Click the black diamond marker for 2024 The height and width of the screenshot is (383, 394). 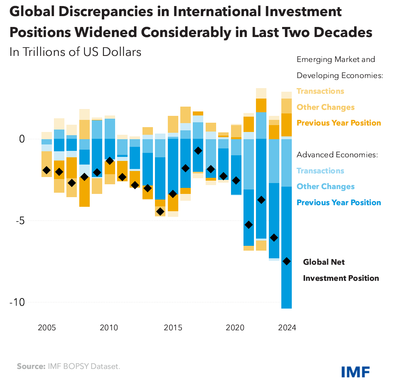pyautogui.click(x=286, y=262)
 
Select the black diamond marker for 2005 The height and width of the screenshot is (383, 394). pyautogui.click(x=46, y=170)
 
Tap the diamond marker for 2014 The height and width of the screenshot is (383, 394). pyautogui.click(x=160, y=212)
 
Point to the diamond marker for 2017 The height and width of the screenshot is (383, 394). pyautogui.click(x=198, y=150)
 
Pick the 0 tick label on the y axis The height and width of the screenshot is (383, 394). pyautogui.click(x=23, y=139)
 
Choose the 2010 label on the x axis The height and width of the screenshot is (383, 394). pyautogui.click(x=109, y=327)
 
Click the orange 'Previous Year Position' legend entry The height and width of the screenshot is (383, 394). pyautogui.click(x=338, y=123)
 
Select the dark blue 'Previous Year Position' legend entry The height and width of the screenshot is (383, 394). pyautogui.click(x=338, y=202)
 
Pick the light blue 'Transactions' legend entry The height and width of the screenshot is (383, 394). pyautogui.click(x=320, y=171)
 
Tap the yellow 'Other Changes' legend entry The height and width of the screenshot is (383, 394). pyautogui.click(x=326, y=107)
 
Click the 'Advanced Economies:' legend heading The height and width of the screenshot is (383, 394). pyautogui.click(x=337, y=154)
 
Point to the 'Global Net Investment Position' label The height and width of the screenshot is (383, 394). pyautogui.click(x=340, y=270)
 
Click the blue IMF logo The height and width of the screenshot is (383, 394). pyautogui.click(x=355, y=371)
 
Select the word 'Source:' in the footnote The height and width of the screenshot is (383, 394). pyautogui.click(x=31, y=367)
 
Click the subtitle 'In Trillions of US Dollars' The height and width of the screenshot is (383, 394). pyautogui.click(x=75, y=52)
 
